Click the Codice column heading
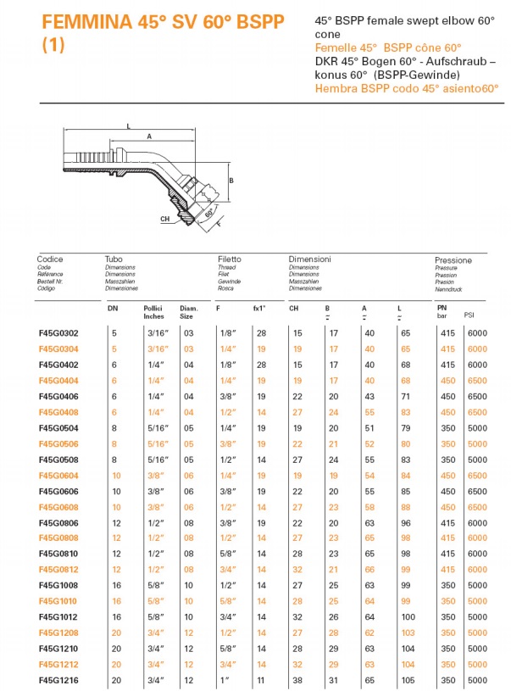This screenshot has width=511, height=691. click(50, 259)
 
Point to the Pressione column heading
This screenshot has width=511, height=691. click(453, 260)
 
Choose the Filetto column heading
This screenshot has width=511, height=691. click(229, 259)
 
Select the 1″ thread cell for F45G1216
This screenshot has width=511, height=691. click(224, 680)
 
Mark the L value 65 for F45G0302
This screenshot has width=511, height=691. click(405, 334)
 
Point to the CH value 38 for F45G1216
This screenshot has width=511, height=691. click(297, 680)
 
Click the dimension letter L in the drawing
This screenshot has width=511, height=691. click(128, 125)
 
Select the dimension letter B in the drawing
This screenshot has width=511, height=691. click(231, 181)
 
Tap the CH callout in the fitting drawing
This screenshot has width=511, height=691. click(164, 218)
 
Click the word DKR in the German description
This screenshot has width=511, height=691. click(326, 63)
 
